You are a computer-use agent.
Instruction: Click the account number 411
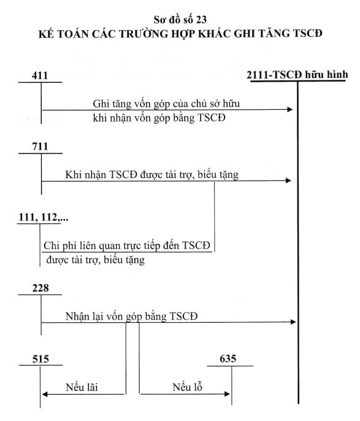[40, 75]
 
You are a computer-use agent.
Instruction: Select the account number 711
[40, 147]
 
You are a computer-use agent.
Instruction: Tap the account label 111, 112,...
[43, 217]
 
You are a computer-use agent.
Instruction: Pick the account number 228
[40, 288]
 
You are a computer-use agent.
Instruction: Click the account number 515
[40, 359]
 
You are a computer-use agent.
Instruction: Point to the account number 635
[228, 358]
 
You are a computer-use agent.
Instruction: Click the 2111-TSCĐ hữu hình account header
[297, 74]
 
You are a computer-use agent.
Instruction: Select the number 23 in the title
[201, 20]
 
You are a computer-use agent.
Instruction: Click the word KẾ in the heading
[45, 34]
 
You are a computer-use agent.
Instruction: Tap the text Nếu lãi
[82, 387]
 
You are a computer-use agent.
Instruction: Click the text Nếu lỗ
[187, 387]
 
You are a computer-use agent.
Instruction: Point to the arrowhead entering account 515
[45, 394]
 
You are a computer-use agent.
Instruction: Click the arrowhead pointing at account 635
[227, 394]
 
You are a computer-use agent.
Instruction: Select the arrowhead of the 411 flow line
[289, 109]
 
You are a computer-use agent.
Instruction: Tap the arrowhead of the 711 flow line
[288, 180]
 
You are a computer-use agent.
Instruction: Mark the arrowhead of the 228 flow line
[293, 322]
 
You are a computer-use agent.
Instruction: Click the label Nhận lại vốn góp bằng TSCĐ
[131, 316]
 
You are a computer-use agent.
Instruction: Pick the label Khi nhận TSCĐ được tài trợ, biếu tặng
[152, 175]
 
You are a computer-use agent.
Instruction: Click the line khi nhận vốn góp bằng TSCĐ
[159, 118]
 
